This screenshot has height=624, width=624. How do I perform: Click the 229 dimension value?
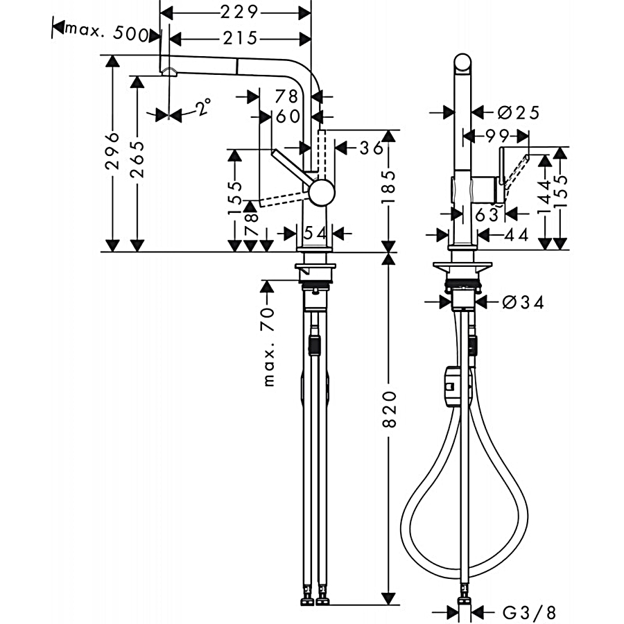(240, 12)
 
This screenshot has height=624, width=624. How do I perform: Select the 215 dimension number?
(241, 38)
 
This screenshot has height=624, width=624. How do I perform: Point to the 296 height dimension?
(112, 150)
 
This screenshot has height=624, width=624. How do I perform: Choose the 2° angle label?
(203, 107)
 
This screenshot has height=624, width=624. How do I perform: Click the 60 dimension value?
(288, 116)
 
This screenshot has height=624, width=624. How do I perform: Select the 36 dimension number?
(372, 148)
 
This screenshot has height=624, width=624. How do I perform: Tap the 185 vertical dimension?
(389, 187)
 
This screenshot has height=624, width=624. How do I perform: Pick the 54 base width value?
(315, 233)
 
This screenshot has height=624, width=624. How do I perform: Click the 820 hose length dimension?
(389, 409)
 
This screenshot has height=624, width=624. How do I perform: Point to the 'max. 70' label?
(269, 346)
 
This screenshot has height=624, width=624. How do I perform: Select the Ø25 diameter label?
(519, 113)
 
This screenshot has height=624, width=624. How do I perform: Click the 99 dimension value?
(497, 136)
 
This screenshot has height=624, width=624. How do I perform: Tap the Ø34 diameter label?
(523, 303)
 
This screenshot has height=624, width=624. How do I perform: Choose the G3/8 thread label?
(529, 612)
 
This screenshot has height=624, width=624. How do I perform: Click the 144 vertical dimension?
(545, 197)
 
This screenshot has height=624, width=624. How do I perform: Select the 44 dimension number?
(516, 235)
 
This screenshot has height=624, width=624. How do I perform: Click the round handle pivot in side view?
(322, 193)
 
